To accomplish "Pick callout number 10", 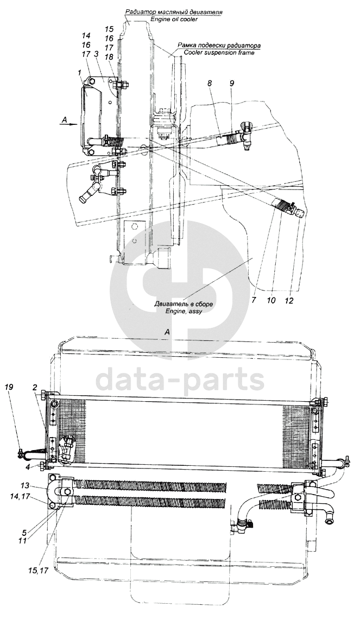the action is [271, 300].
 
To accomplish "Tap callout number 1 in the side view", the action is [79, 72].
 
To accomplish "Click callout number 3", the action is [96, 54].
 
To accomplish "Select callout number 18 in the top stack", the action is [109, 57].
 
